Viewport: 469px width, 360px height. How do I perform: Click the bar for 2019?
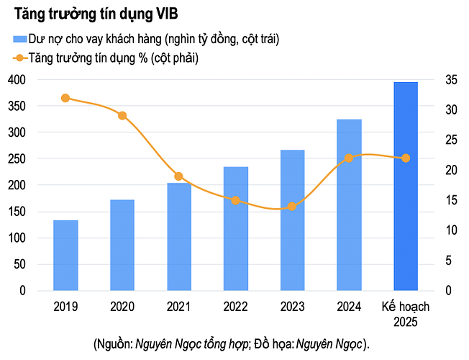tap(65, 256)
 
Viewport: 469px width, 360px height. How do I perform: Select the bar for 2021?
tap(179, 237)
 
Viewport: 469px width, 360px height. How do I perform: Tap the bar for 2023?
tap(292, 220)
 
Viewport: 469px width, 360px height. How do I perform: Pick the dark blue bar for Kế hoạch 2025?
tap(406, 186)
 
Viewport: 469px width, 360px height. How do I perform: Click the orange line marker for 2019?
tap(65, 98)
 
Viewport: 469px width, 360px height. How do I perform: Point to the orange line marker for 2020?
tap(122, 116)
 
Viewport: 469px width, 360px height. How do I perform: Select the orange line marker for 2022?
tap(235, 200)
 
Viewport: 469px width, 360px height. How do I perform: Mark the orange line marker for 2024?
tap(349, 158)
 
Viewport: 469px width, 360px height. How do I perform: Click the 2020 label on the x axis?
tap(122, 306)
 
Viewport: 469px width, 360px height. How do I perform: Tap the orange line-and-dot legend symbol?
tap(18, 57)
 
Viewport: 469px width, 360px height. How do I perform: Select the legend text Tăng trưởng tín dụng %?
tap(82, 57)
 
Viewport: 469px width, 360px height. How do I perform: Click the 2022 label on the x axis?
tap(235, 306)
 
